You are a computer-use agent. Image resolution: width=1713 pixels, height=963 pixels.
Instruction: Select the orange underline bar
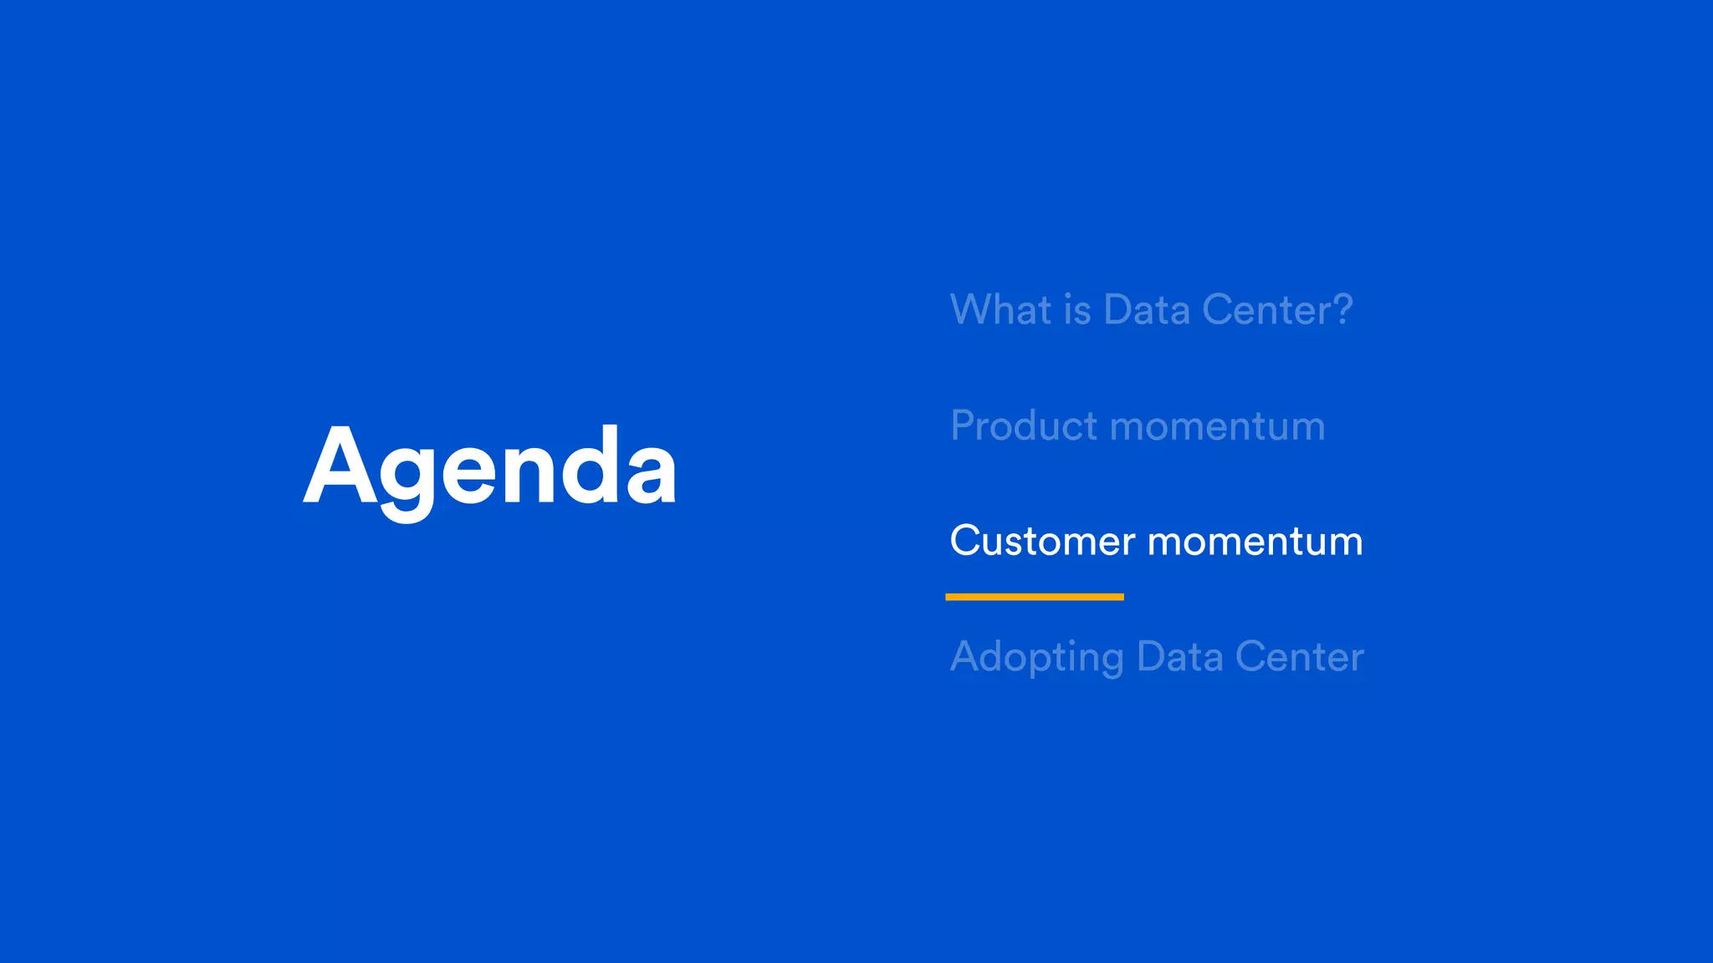pyautogui.click(x=1034, y=597)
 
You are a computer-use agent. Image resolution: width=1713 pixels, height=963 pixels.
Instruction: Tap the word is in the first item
pyautogui.click(x=1078, y=310)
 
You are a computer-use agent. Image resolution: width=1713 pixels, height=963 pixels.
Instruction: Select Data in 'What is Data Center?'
pyautogui.click(x=1147, y=310)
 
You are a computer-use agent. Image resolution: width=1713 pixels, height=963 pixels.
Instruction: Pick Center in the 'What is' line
pyautogui.click(x=1266, y=310)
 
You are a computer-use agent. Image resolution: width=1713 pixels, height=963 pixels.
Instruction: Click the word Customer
pyautogui.click(x=1042, y=541)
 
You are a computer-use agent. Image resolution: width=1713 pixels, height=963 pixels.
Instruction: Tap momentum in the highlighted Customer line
pyautogui.click(x=1255, y=543)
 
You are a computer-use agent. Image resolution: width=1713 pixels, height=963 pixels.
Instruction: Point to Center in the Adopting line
pyautogui.click(x=1299, y=656)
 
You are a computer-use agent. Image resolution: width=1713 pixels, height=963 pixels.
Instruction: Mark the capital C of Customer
pyautogui.click(x=965, y=540)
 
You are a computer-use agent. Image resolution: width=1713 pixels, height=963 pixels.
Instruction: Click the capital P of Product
pyautogui.click(x=964, y=425)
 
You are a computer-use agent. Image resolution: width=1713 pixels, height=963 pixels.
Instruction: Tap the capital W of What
pyautogui.click(x=974, y=309)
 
